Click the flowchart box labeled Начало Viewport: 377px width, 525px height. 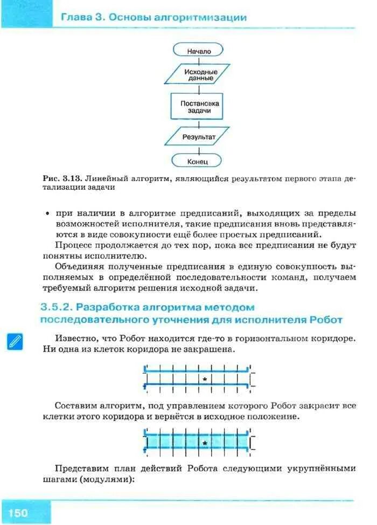click(199, 51)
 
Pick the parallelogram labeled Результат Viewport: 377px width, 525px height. click(198, 137)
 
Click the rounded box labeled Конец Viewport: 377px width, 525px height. click(198, 161)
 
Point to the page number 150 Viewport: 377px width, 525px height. click(18, 512)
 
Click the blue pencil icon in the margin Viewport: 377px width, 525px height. click(15, 341)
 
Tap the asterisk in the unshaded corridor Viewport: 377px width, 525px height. click(205, 379)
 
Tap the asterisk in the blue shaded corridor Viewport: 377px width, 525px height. click(205, 443)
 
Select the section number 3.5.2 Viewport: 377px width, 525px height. click(56, 307)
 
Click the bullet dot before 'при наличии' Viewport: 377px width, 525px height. click(47, 214)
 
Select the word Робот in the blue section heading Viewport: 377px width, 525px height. click(326, 319)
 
